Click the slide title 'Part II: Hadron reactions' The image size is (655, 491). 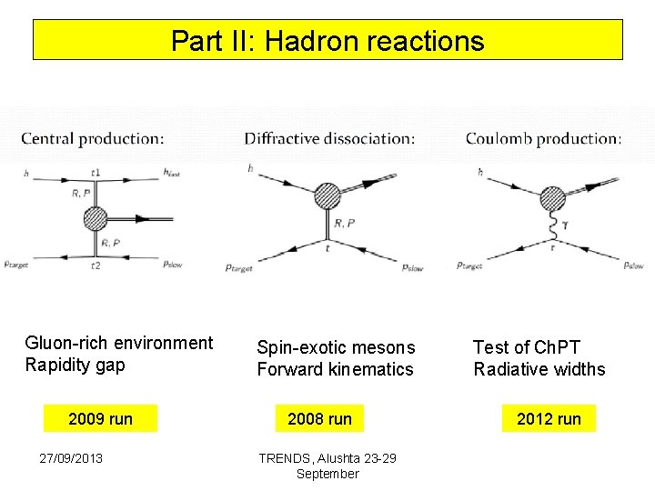click(327, 41)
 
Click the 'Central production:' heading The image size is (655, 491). click(93, 139)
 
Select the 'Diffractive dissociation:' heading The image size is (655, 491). click(329, 139)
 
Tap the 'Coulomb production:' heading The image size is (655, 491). click(544, 139)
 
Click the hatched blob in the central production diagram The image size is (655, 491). click(95, 219)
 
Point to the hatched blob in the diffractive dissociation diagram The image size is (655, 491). click(327, 195)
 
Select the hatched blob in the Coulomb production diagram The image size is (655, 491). click(552, 198)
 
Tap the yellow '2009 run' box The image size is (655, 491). click(101, 419)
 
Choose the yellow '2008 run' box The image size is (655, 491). click(319, 419)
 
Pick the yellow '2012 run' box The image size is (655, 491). click(549, 419)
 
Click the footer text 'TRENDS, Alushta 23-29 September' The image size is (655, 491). click(327, 466)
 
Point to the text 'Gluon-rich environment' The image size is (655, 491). click(119, 343)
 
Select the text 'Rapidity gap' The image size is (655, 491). click(76, 366)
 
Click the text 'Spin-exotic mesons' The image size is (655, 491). click(336, 347)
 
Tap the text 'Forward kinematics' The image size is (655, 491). click(335, 369)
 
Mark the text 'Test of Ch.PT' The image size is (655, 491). click(526, 347)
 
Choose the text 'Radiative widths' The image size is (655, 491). click(539, 369)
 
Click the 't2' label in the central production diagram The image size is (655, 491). click(96, 266)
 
